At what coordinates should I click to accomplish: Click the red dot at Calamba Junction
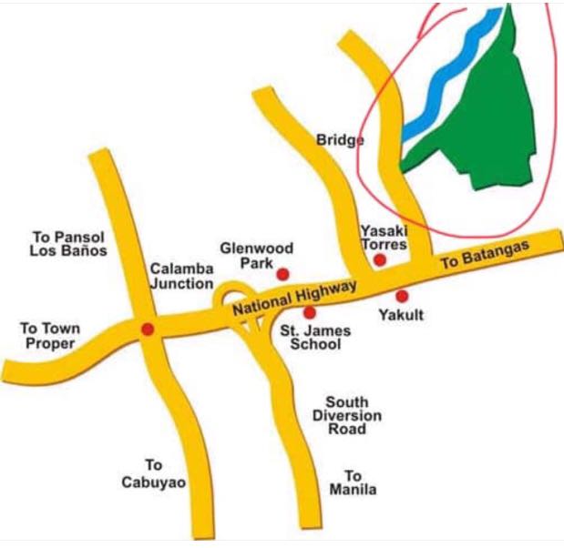click(148, 329)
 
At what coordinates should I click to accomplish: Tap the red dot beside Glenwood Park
click(283, 274)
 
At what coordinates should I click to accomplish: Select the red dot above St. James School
click(310, 313)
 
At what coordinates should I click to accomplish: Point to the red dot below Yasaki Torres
click(380, 260)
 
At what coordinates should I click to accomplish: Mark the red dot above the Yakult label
click(402, 296)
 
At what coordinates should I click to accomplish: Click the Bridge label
click(340, 140)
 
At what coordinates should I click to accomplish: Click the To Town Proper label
click(50, 336)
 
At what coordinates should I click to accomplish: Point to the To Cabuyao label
click(153, 473)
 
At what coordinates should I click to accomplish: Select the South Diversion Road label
click(354, 415)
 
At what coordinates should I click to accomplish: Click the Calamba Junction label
click(181, 276)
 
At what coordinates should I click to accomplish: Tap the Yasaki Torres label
click(383, 238)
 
